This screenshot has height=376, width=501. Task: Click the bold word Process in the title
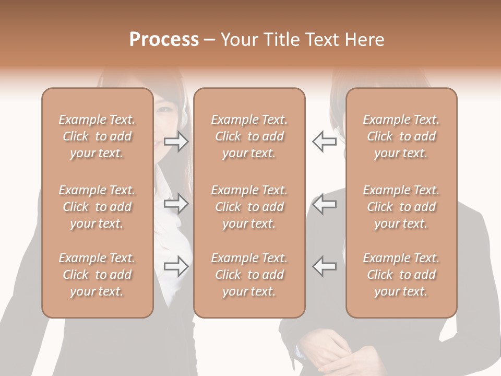point(164,40)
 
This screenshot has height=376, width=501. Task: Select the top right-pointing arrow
point(176,142)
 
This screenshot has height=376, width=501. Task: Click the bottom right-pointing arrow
point(176,266)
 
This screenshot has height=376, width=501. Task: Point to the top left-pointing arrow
point(324,142)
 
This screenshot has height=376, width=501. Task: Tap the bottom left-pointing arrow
point(324,266)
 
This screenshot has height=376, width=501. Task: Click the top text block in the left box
point(97,136)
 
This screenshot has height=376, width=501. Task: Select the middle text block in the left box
point(97,207)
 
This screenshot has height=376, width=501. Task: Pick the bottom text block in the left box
point(97,275)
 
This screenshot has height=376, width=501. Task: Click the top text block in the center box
point(249,136)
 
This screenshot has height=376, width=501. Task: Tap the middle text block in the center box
point(249,207)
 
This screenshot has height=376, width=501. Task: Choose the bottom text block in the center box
point(249,275)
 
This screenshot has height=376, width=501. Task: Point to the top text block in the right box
point(401,136)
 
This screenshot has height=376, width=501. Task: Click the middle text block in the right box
point(401,207)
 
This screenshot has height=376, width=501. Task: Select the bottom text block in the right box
point(401,275)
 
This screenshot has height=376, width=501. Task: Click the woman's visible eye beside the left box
point(163,110)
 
